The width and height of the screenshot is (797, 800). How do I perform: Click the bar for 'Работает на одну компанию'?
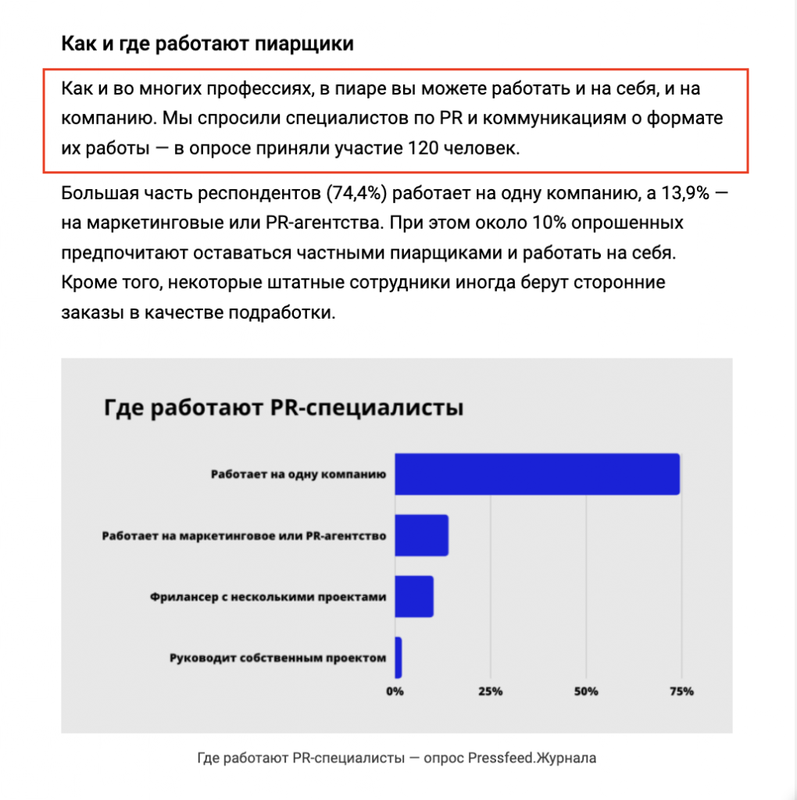[537, 473]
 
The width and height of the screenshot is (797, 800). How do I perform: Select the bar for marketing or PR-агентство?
[421, 535]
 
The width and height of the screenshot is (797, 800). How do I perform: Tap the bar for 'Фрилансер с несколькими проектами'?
[413, 596]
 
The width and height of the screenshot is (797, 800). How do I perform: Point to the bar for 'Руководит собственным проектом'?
[398, 657]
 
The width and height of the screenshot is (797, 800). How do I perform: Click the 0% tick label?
[395, 691]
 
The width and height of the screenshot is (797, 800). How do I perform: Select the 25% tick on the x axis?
[490, 691]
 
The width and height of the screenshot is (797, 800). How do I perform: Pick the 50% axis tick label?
[585, 691]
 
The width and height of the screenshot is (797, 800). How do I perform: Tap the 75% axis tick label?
[681, 691]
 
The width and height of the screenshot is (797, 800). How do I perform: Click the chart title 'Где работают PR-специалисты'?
[284, 408]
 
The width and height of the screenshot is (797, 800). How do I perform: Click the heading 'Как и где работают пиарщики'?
[207, 44]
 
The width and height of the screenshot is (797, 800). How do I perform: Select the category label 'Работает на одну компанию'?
[298, 474]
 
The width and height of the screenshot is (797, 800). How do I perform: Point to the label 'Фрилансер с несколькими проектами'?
[268, 597]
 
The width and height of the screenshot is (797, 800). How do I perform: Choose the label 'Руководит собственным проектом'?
[277, 658]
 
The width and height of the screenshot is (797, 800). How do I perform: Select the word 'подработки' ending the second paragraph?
[289, 312]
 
